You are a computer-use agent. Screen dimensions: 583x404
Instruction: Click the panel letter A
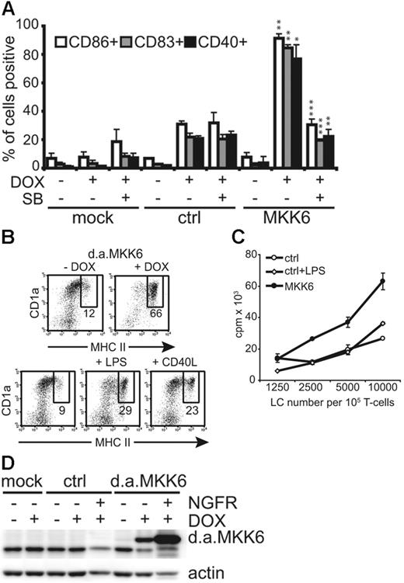coord(11,10)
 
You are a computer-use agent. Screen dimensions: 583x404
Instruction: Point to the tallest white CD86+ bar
coord(278,102)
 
